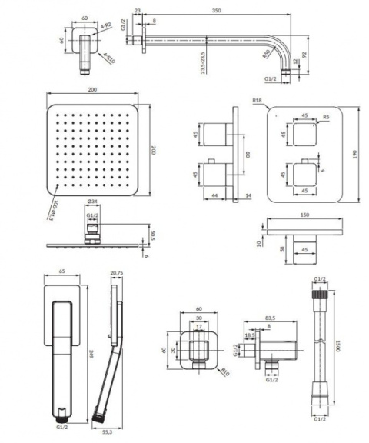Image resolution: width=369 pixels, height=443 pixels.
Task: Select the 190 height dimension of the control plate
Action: coord(355,153)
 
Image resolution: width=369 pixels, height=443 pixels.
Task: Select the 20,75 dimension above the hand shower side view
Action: coord(117,274)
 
